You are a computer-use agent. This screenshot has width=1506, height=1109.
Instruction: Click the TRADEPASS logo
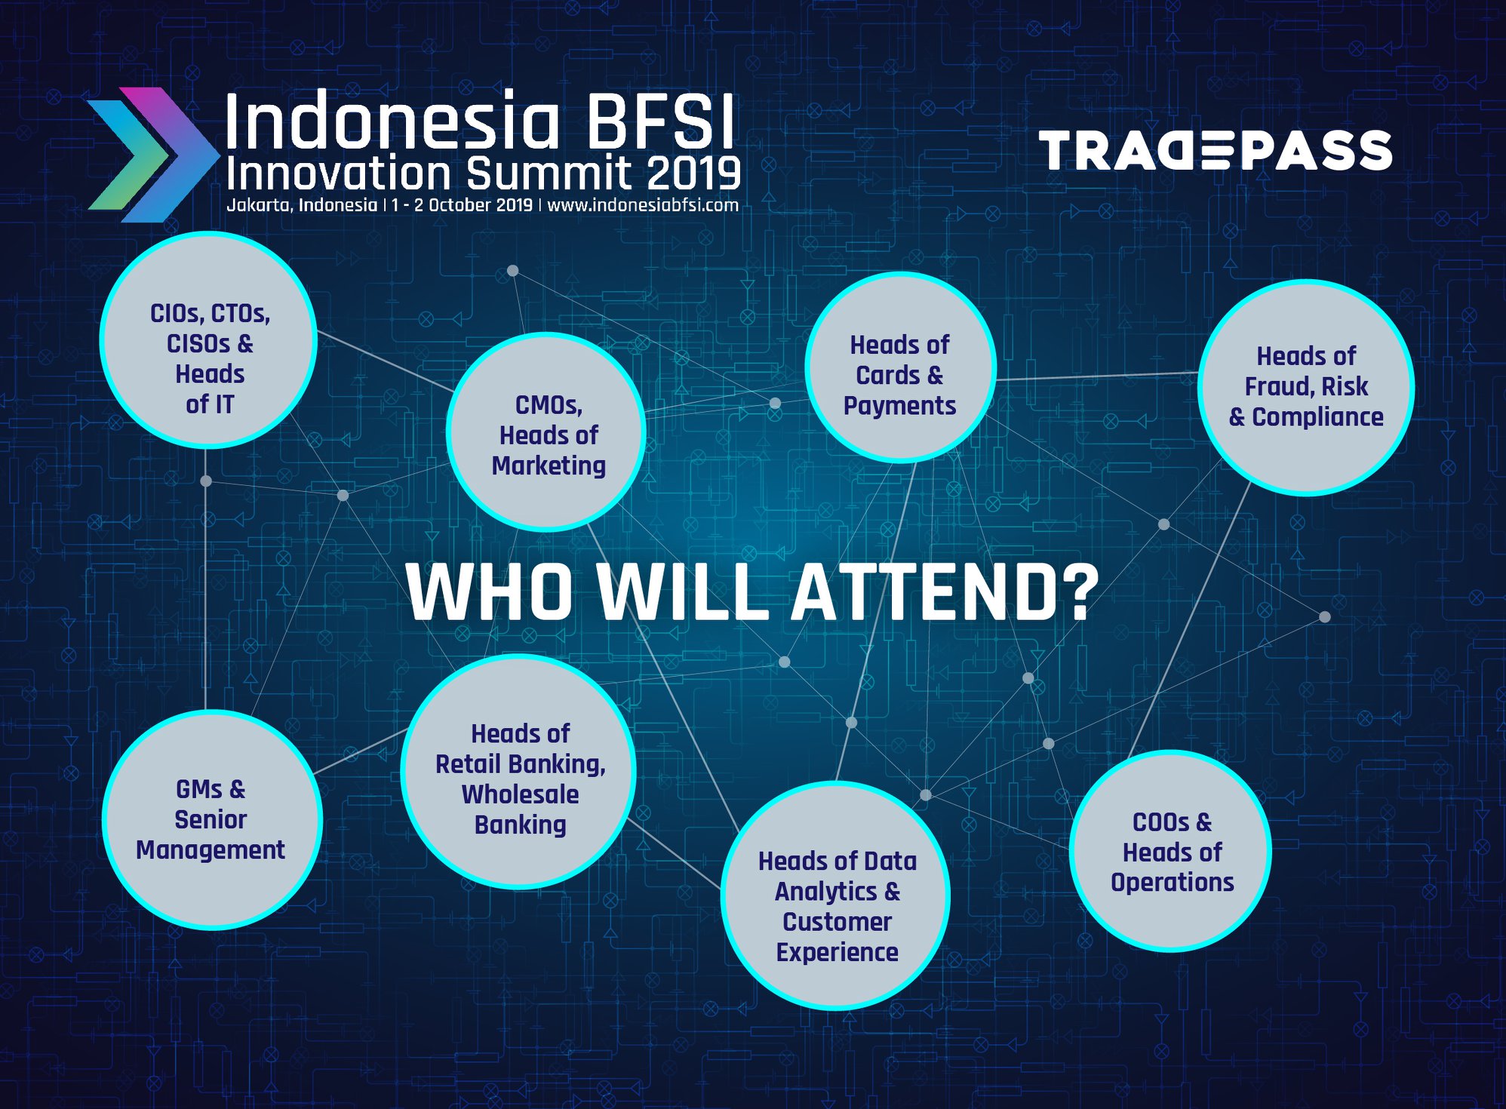point(1216,150)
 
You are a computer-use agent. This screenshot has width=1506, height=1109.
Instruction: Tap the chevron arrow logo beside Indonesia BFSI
point(151,155)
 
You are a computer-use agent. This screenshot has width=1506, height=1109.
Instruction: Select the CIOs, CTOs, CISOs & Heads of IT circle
point(208,340)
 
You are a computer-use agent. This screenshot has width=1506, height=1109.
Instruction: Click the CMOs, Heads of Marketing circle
point(546,432)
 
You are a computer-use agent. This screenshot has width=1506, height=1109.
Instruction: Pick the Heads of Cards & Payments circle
point(900,367)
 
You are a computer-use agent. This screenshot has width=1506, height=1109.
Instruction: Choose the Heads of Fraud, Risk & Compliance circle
point(1306,387)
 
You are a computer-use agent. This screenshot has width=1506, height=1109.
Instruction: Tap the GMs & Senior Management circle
point(212,820)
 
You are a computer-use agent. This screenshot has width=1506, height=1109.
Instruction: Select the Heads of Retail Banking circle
point(518,772)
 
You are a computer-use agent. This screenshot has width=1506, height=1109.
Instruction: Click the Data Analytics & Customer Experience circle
point(836,895)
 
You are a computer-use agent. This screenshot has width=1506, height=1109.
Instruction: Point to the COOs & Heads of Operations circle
point(1170,851)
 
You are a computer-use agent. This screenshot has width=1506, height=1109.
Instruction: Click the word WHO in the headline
point(490,592)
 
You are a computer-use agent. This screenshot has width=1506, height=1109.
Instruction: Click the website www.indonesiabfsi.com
point(643,205)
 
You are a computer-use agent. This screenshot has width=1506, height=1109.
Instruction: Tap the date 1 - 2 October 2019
point(462,205)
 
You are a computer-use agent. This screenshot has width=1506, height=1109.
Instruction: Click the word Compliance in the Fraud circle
point(1317,417)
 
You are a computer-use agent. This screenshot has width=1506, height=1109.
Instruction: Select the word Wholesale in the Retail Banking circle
point(520,794)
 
